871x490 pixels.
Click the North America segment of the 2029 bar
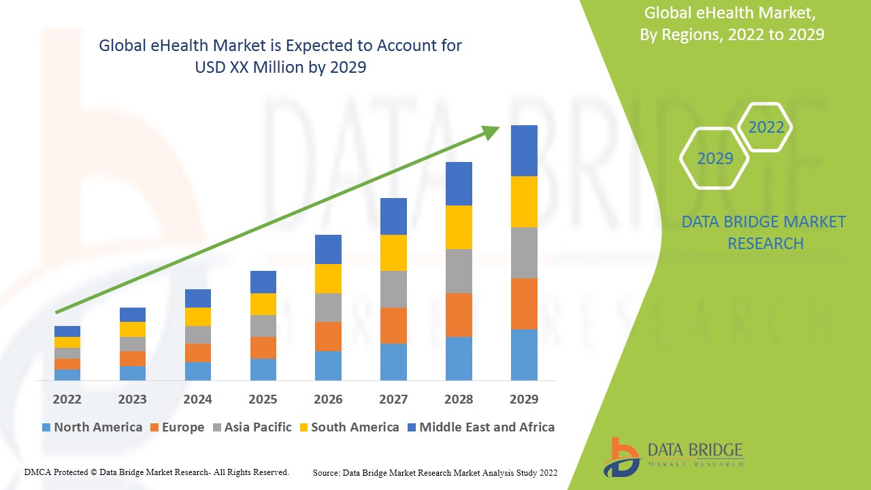pyautogui.click(x=524, y=355)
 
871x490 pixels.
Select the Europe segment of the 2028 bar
pyautogui.click(x=459, y=314)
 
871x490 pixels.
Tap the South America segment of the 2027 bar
pyautogui.click(x=393, y=252)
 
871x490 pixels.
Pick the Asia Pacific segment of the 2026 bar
pyautogui.click(x=328, y=308)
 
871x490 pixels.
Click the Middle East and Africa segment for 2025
pyautogui.click(x=263, y=282)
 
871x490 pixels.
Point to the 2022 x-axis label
pyautogui.click(x=67, y=399)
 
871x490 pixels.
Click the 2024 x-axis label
pyautogui.click(x=197, y=399)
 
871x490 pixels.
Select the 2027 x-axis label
pyautogui.click(x=393, y=399)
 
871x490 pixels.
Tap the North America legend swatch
pyautogui.click(x=46, y=427)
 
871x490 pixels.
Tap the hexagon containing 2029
pyautogui.click(x=714, y=159)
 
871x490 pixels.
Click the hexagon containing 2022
pyautogui.click(x=766, y=127)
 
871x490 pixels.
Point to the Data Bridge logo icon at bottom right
pyautogui.click(x=621, y=457)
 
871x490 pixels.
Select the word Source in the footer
pyautogui.click(x=326, y=472)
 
